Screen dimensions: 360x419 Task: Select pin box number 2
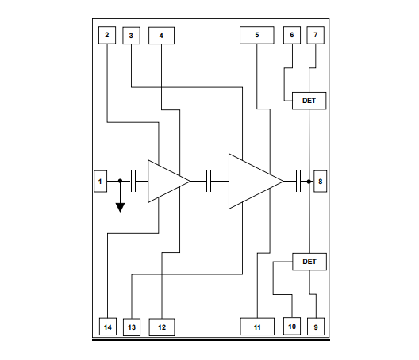[x=107, y=36]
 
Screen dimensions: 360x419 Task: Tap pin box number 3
[x=131, y=36]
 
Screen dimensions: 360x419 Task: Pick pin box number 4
[x=161, y=36]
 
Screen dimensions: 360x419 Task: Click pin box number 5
[x=256, y=36]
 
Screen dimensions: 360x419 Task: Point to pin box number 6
[x=291, y=36]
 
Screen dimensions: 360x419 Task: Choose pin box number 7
[x=316, y=36]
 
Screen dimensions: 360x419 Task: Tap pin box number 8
[x=320, y=182]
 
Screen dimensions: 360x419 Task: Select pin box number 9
[x=317, y=326]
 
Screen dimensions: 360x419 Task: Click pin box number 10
[x=291, y=326]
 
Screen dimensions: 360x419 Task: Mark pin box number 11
[x=256, y=326]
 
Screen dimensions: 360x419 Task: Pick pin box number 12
[x=161, y=326]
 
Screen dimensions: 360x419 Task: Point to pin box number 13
[x=131, y=326]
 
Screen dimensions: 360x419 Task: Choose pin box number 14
[x=107, y=326]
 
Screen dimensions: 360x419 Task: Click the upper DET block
[x=309, y=101]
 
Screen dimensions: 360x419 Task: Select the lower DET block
[x=309, y=261]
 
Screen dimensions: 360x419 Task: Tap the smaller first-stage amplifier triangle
[x=165, y=182]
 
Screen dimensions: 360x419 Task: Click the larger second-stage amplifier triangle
[x=251, y=182]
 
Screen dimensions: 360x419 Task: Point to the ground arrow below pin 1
[x=120, y=207]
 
